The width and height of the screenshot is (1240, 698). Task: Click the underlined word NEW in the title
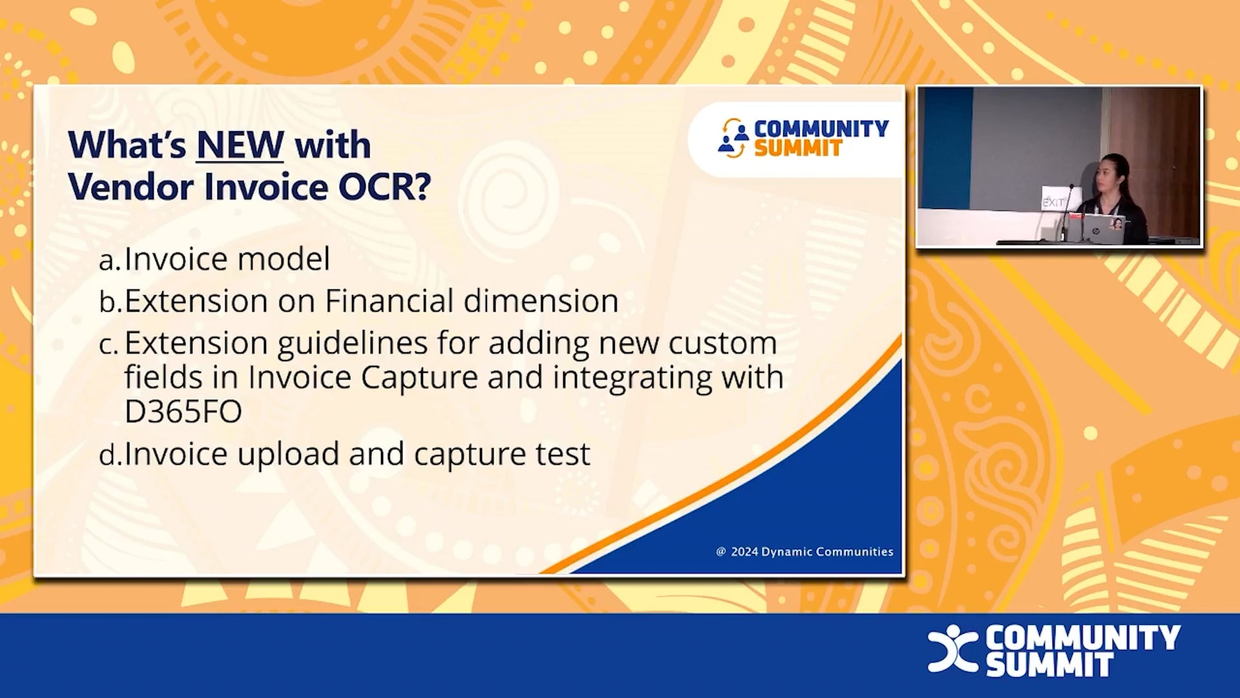[x=240, y=145]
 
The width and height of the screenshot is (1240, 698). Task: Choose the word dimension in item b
[x=541, y=301]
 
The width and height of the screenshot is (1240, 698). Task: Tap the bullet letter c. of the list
[x=108, y=345]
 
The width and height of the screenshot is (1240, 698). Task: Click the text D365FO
[x=183, y=412]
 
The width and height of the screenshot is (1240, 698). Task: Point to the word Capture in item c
[x=419, y=377]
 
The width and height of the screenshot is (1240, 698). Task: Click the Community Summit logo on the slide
[x=803, y=138]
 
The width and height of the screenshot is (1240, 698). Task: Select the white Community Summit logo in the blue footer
[x=1054, y=650]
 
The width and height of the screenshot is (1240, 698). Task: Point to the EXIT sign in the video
[x=1053, y=202]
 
